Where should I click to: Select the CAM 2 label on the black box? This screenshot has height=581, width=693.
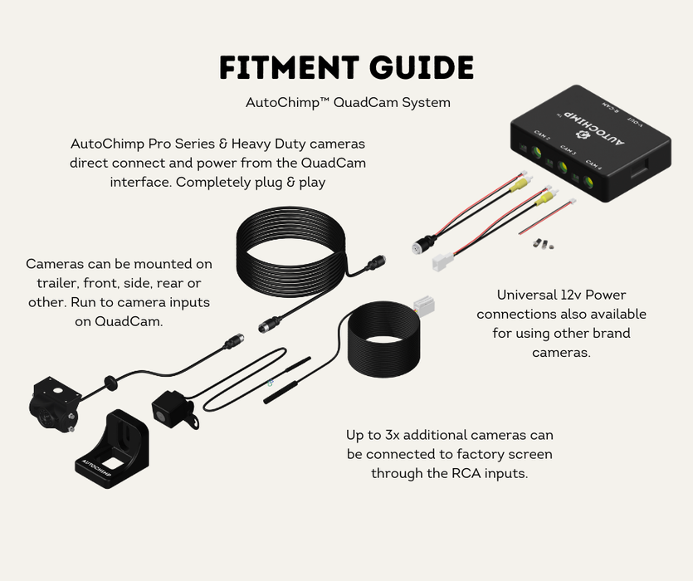coord(543,137)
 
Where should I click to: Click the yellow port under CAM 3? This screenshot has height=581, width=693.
coord(564,167)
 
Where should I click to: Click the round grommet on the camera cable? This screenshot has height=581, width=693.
coord(108,383)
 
